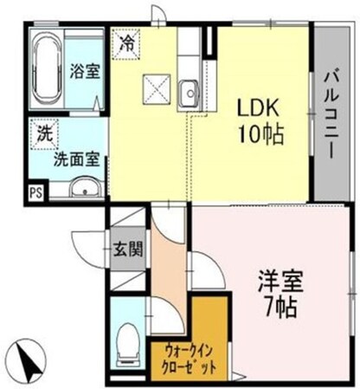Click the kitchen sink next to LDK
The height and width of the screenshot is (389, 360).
[x=190, y=88]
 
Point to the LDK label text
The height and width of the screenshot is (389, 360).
[x=258, y=111]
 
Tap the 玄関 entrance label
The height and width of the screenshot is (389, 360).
[x=123, y=251]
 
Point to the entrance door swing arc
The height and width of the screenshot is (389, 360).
[x=87, y=251]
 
